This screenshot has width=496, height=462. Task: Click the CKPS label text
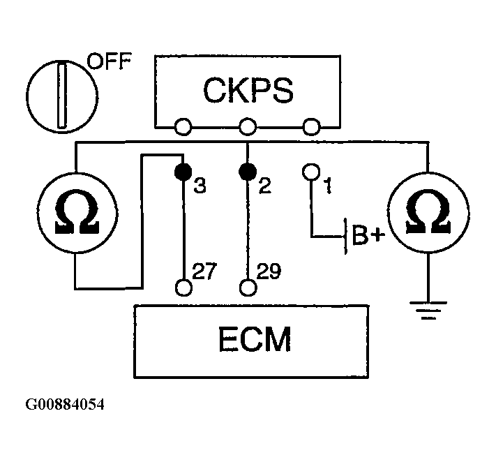pos(248,90)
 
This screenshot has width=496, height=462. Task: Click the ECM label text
pos(255,339)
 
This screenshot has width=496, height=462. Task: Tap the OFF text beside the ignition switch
pos(109,61)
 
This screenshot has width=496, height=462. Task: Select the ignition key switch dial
pos(62,96)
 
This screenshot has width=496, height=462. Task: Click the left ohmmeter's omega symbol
pos(77,212)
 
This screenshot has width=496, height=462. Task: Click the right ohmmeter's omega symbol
pos(428,212)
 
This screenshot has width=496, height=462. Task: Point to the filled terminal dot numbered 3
pos(183,172)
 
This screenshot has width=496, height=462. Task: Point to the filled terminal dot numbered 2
pos(248,172)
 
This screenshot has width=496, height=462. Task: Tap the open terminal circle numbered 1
pos(311,172)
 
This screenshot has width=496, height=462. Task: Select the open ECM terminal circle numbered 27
pos(183,288)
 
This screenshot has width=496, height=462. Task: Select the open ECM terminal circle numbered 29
pos(248,288)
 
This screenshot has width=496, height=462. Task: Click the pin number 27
pos(204,271)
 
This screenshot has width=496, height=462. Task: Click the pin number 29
pos(269,271)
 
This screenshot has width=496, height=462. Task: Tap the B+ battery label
pos(368,235)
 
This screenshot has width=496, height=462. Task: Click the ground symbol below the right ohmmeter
pos(428,310)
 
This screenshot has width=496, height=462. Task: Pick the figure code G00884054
pos(65,405)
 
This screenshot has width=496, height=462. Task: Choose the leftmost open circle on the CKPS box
pos(183,127)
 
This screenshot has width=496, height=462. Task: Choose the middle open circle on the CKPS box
pos(248,127)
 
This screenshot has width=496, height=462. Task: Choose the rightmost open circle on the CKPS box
pos(311,127)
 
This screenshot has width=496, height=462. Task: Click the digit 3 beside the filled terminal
pos(200,186)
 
